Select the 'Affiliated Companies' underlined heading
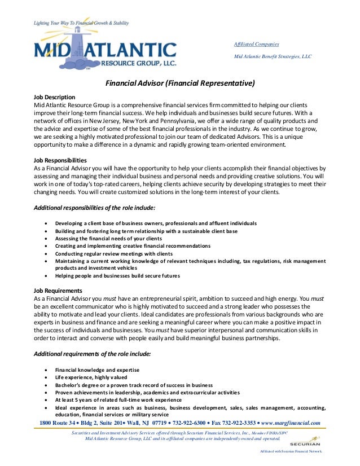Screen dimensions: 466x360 tap(256, 45)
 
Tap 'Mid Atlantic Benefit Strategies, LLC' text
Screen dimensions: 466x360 tap(273, 56)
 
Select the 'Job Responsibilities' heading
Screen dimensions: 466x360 tap(60, 160)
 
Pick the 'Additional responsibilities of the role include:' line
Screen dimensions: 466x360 tap(95, 208)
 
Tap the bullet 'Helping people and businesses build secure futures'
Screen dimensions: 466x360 tap(117, 276)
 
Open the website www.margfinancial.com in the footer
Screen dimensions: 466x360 tap(291, 423)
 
